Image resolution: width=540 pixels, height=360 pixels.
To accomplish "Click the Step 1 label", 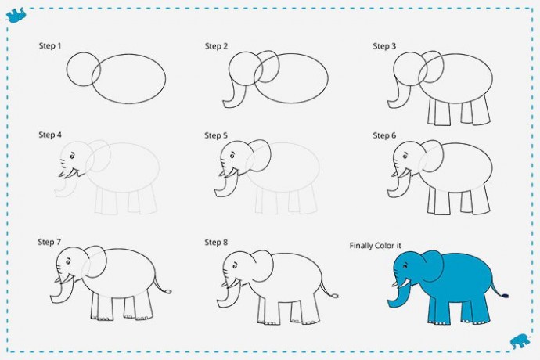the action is click(50, 45).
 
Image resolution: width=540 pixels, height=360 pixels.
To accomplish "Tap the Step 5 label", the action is click(216, 135).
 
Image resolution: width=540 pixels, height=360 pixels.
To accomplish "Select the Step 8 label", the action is click(216, 242).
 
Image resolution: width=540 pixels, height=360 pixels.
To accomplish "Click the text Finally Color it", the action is click(375, 246).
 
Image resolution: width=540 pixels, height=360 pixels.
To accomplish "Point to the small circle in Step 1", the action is click(67, 69).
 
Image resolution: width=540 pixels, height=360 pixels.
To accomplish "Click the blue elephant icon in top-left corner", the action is click(16, 15).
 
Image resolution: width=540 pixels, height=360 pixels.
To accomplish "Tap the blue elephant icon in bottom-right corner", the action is click(520, 340).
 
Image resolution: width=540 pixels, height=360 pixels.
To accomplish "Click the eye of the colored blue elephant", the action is click(405, 266).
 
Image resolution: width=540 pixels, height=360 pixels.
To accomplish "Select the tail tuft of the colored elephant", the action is click(506, 296).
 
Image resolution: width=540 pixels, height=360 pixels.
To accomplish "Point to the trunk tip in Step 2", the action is click(226, 104).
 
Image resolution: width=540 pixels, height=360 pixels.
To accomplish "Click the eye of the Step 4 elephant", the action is click(72, 157).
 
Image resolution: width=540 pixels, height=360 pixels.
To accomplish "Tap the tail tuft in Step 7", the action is click(169, 292).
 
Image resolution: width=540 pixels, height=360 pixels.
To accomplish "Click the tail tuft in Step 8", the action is click(335, 295).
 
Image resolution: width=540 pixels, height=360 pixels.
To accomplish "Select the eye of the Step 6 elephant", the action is click(405, 157).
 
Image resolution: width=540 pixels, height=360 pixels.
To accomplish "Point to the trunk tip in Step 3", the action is click(391, 104).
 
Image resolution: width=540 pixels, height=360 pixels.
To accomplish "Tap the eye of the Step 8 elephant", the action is click(235, 266).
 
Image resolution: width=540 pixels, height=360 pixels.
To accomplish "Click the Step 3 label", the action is click(384, 46).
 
